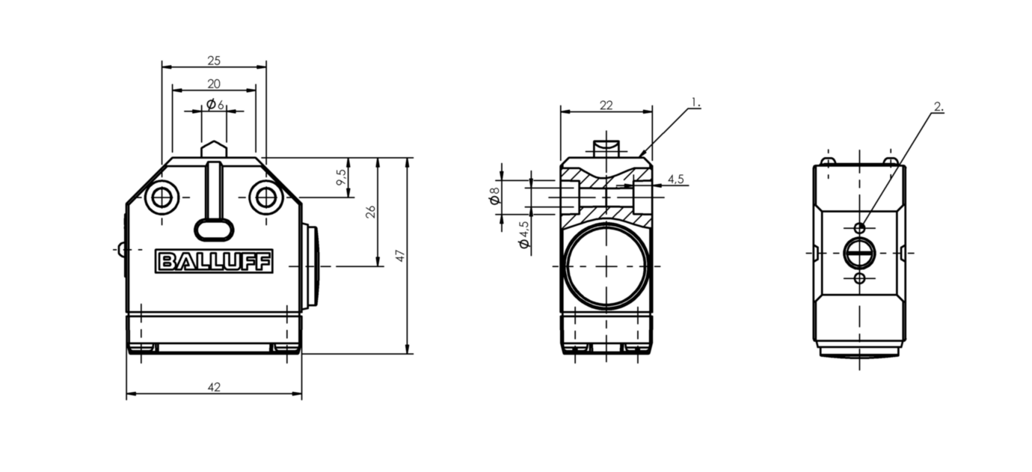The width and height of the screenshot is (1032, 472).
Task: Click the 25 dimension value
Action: tap(214, 61)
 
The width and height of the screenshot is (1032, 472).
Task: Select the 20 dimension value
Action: tap(214, 83)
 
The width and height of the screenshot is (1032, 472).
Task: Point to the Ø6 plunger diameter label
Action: tap(215, 104)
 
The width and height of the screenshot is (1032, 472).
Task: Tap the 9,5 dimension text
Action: tap(341, 178)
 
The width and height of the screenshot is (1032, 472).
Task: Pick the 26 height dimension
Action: tap(369, 212)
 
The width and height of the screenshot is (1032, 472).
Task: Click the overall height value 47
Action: tap(400, 256)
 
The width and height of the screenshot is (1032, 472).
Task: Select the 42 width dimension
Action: tap(214, 387)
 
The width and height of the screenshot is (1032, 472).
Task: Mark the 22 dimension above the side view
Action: tap(606, 105)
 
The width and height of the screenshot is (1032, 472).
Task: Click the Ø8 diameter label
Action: tap(494, 196)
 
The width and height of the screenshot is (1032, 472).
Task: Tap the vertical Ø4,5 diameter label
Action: tap(524, 234)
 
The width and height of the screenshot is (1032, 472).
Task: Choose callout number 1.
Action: tap(695, 102)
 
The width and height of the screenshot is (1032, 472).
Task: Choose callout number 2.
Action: tap(939, 107)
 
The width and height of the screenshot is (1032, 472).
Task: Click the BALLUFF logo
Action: tap(215, 261)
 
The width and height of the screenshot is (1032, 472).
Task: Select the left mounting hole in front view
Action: tap(161, 198)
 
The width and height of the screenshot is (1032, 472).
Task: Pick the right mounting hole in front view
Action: tap(265, 198)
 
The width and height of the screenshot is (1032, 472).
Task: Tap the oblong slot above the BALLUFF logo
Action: tap(214, 229)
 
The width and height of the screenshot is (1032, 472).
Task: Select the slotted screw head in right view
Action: tap(859, 253)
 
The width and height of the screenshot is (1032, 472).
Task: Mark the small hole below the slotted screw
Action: tap(859, 278)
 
